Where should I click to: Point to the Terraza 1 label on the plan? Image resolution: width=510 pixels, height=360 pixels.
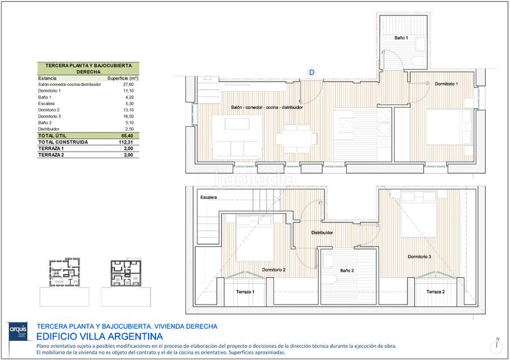tap(244, 291)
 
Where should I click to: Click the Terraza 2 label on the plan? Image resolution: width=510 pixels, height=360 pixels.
tap(435, 291)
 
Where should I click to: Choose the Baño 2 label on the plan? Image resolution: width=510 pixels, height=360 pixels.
tap(347, 271)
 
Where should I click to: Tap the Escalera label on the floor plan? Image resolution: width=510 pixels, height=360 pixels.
tap(208, 198)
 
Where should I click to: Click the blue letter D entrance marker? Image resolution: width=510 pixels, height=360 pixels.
tap(312, 73)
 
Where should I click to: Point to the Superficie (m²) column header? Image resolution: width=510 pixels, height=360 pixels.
tap(122, 78)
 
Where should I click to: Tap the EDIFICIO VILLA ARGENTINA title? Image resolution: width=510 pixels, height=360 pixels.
tap(99, 336)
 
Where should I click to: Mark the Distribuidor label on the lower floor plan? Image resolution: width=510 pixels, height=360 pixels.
tap(322, 233)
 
